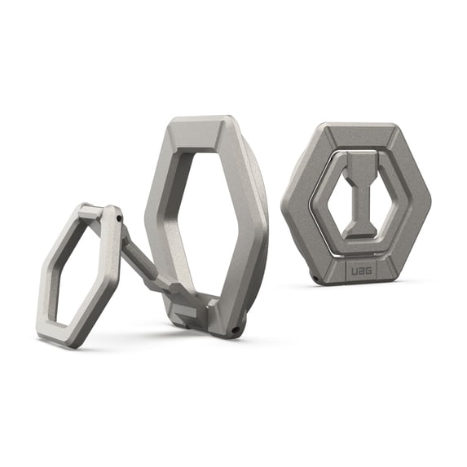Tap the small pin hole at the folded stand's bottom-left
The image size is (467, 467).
click(313, 273)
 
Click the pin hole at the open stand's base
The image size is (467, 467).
click(236, 330)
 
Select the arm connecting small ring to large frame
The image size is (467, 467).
click(147, 261)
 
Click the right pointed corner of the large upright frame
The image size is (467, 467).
click(265, 236)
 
